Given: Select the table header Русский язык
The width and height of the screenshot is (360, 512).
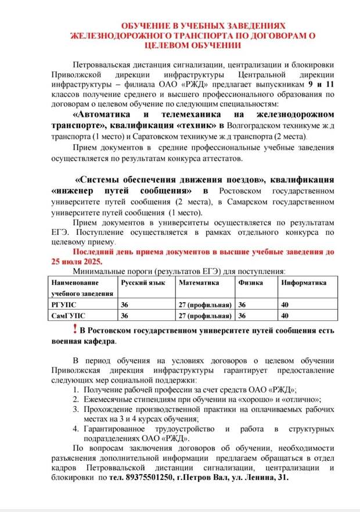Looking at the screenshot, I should tap(142, 282).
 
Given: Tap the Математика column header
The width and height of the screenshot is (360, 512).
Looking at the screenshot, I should tap(199, 282).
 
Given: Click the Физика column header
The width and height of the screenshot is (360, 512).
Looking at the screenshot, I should tap(250, 282).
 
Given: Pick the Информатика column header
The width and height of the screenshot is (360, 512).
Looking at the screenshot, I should tap(304, 282).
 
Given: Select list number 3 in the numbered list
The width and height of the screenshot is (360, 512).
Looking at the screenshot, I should tap(76, 409).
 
